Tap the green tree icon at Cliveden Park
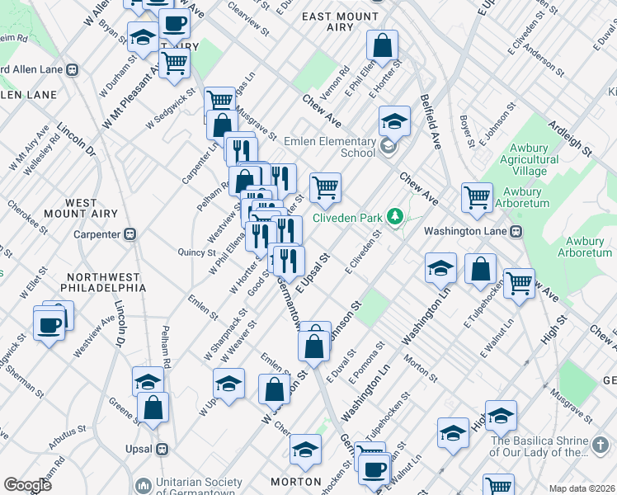point(396,217)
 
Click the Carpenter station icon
point(130,234)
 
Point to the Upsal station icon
point(162,449)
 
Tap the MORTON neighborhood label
point(296,481)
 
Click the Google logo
point(27,485)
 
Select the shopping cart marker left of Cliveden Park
point(326,187)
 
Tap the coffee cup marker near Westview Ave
point(49,323)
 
